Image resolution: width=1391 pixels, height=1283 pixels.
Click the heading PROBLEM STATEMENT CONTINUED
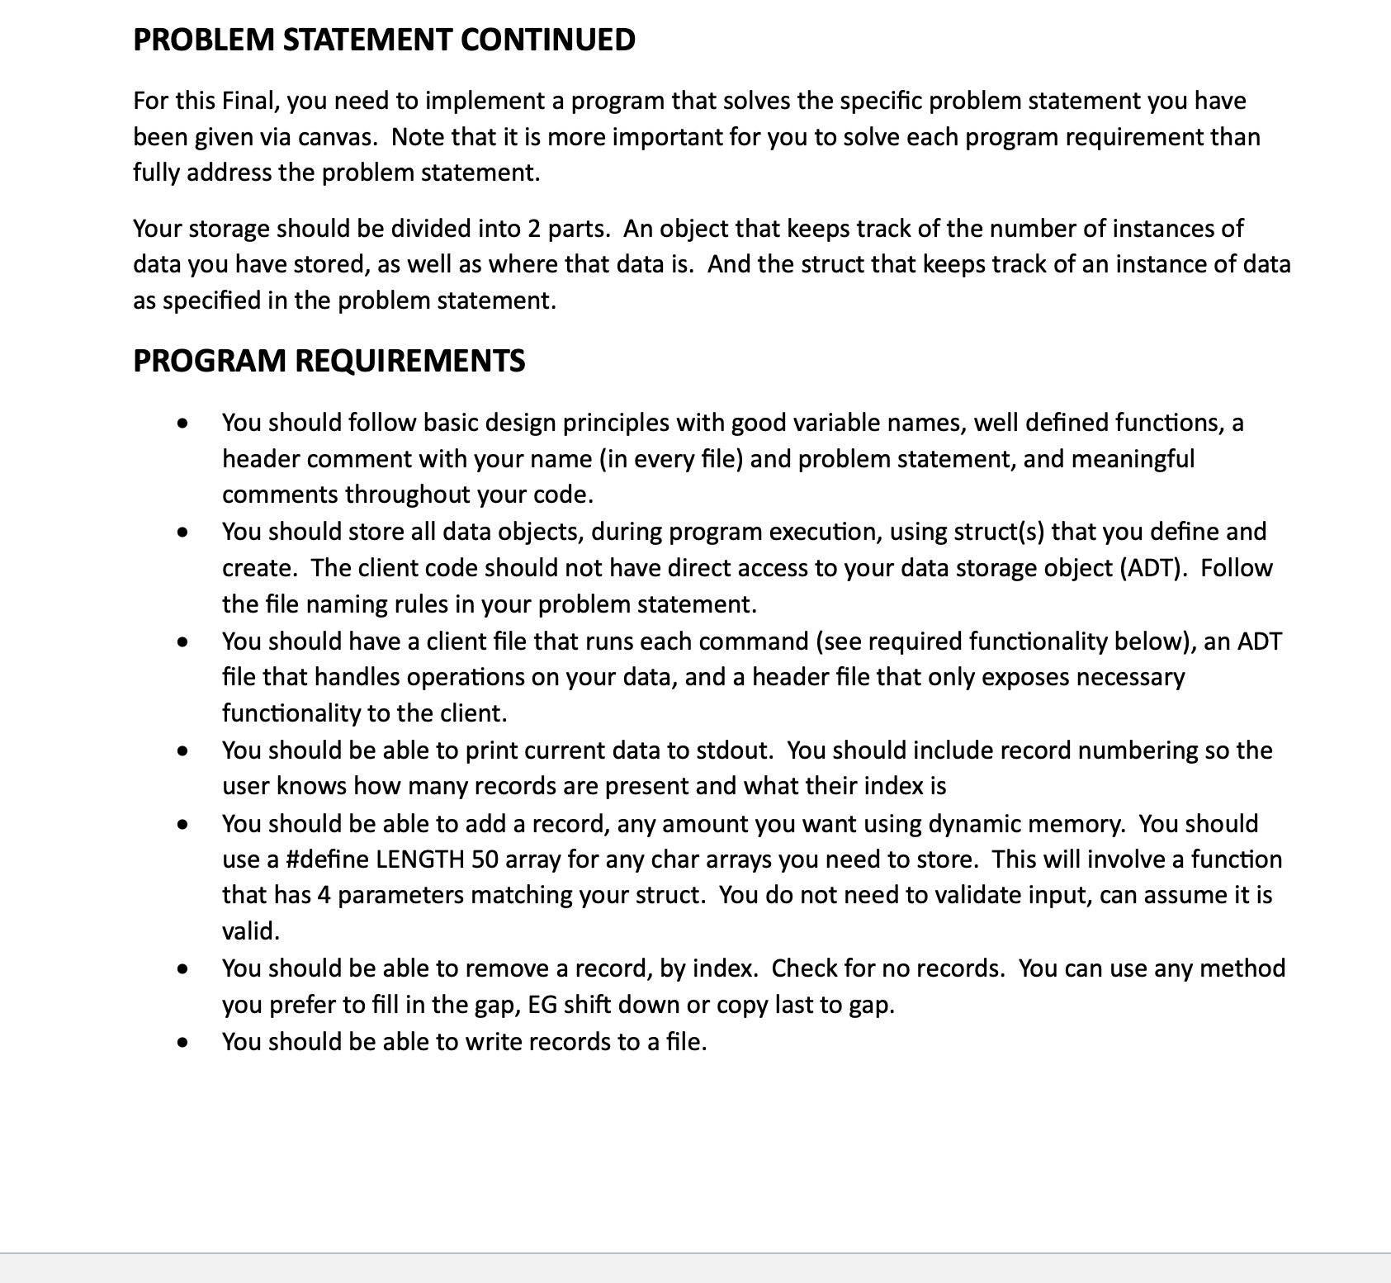pos(384,40)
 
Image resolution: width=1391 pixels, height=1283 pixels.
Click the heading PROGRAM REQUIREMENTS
pos(329,361)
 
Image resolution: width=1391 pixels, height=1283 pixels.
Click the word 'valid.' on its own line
pos(251,931)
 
